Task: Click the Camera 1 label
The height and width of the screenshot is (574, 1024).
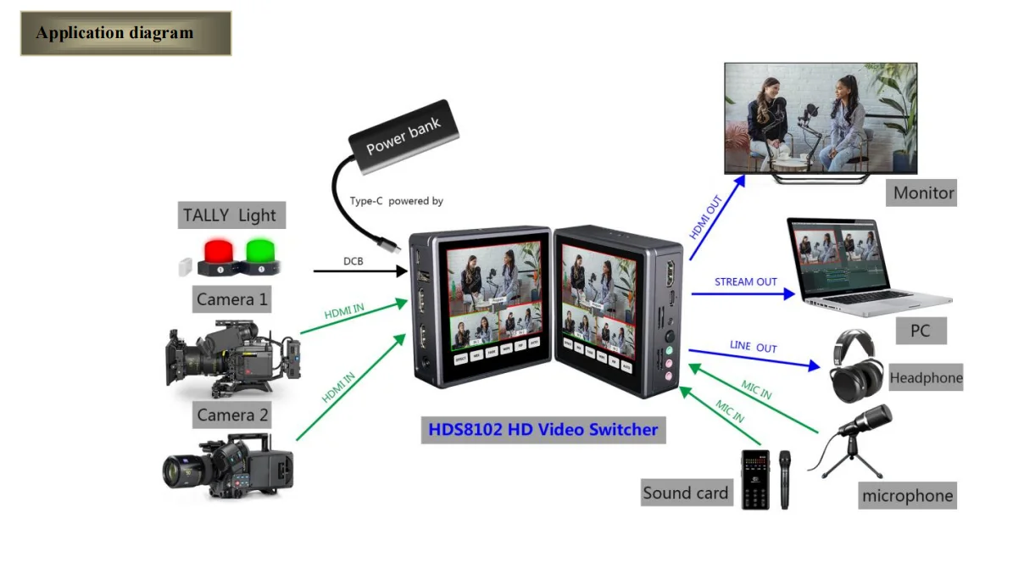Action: point(231,299)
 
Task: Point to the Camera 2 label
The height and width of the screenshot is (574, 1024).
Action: point(232,415)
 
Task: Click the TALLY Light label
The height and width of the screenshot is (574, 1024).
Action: point(230,215)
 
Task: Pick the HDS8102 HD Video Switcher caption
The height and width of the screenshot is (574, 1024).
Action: point(543,429)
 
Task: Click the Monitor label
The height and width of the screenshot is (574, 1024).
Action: point(923,193)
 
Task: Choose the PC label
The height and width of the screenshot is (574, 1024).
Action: point(920,331)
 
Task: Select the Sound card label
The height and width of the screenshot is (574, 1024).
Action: point(685,493)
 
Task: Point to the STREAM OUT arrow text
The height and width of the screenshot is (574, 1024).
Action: point(745,281)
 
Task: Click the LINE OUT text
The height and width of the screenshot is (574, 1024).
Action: point(753,348)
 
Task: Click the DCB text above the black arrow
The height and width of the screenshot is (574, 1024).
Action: point(353,261)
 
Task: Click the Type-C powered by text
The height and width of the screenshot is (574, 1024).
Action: point(396,201)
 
